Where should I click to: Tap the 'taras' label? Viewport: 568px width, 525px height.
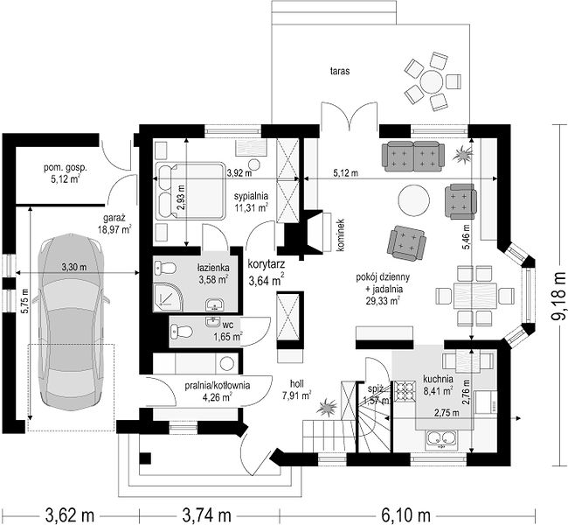pyautogui.click(x=339, y=71)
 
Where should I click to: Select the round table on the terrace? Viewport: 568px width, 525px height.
pyautogui.click(x=431, y=82)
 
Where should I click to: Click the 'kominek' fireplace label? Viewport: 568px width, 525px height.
pyautogui.click(x=340, y=234)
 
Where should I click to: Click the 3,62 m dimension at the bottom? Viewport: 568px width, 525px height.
pyautogui.click(x=70, y=514)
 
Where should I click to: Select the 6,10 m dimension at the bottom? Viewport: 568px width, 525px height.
pyautogui.click(x=406, y=514)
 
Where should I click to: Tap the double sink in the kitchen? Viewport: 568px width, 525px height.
pyautogui.click(x=440, y=439)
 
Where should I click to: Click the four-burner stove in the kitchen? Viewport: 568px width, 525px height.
pyautogui.click(x=405, y=392)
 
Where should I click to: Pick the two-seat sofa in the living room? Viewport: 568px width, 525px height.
pyautogui.click(x=413, y=157)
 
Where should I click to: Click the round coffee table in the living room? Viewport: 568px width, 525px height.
pyautogui.click(x=414, y=199)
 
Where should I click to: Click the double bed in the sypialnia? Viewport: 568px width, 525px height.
pyautogui.click(x=190, y=191)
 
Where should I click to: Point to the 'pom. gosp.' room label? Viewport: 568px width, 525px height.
pyautogui.click(x=66, y=168)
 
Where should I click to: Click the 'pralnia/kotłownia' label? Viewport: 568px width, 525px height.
pyautogui.click(x=217, y=385)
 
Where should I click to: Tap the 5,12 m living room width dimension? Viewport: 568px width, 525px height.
pyautogui.click(x=345, y=173)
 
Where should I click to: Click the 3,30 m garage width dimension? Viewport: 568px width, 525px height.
pyautogui.click(x=74, y=268)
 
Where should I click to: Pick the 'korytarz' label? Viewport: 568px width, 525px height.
pyautogui.click(x=267, y=263)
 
